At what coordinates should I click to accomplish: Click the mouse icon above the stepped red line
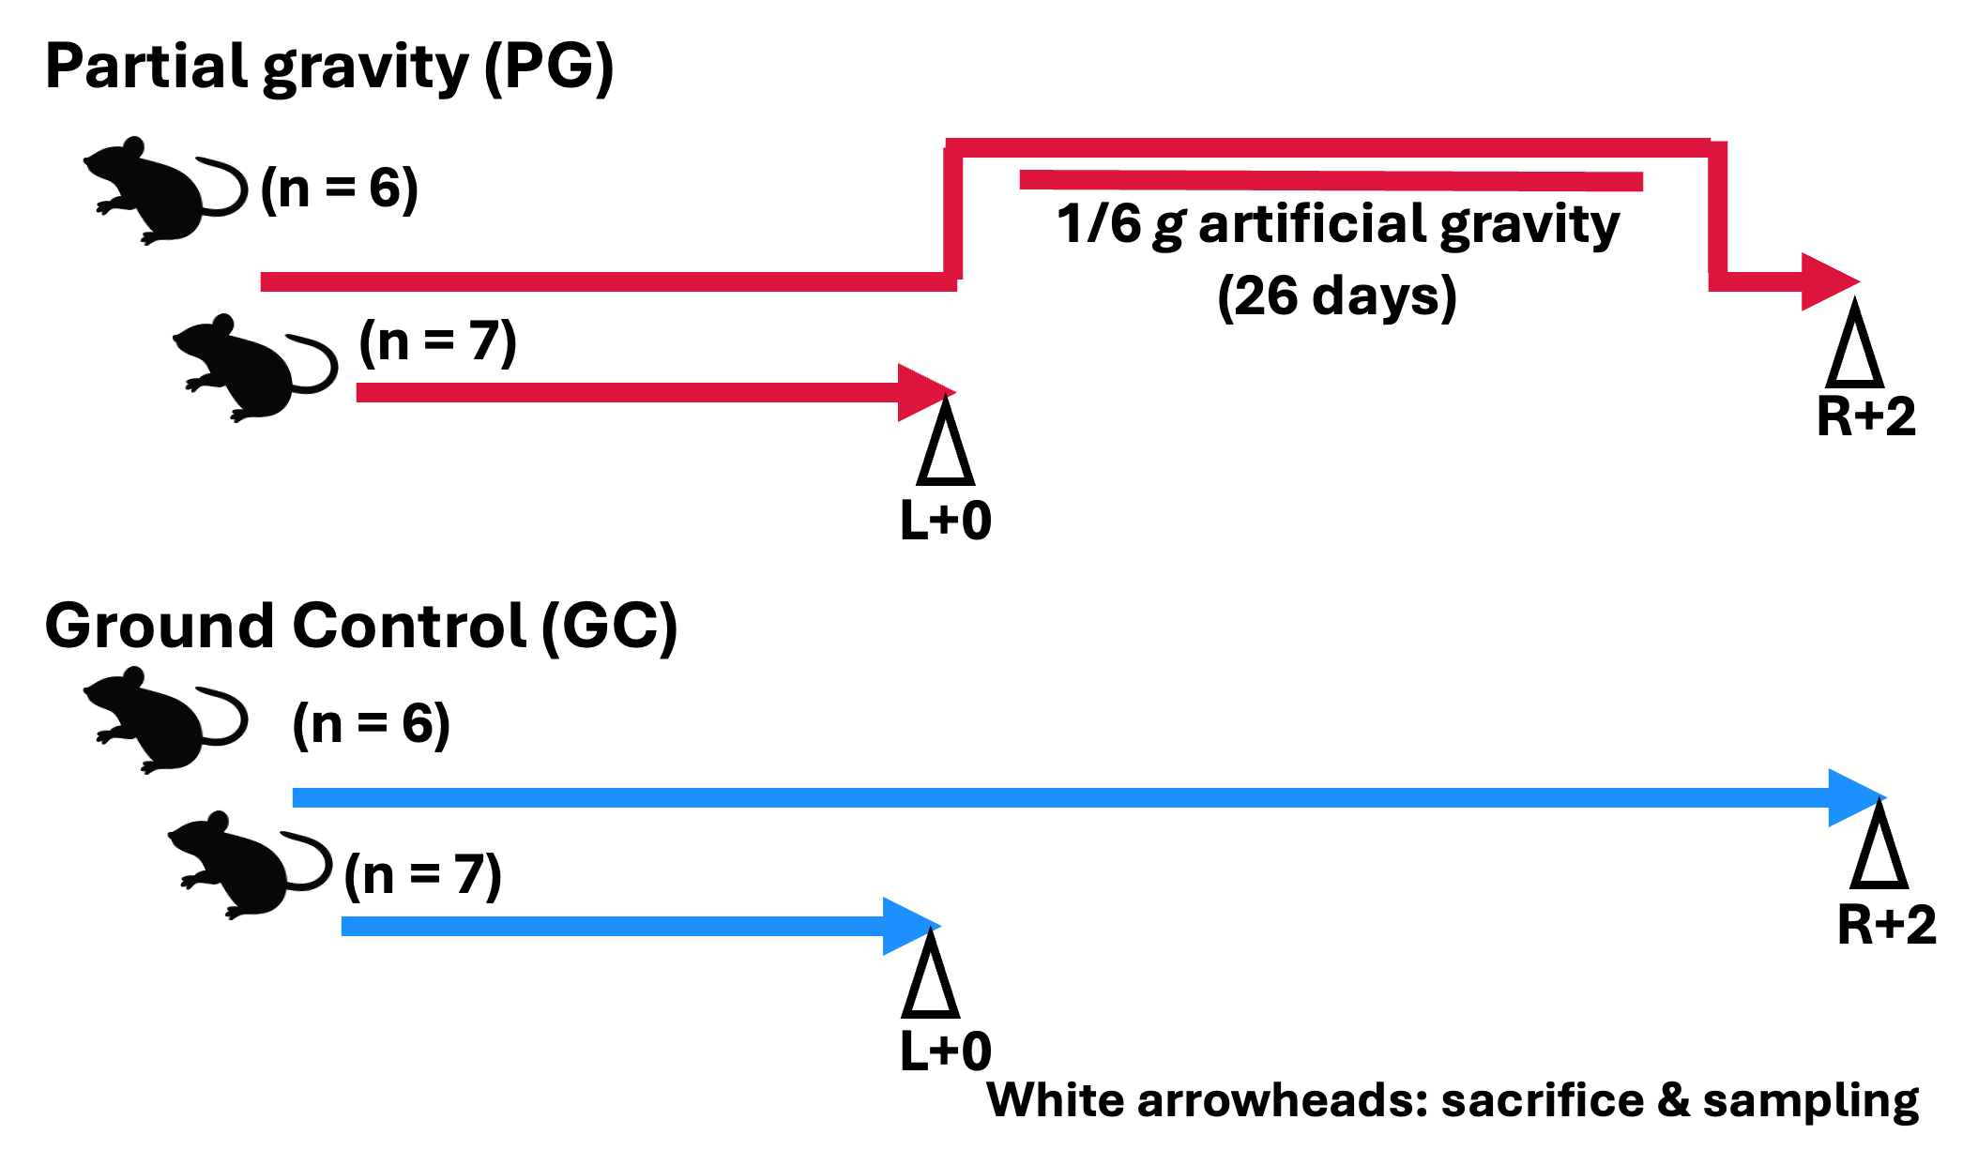click(x=165, y=190)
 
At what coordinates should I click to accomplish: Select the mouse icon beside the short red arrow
click(x=255, y=368)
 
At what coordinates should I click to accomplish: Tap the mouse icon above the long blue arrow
click(x=165, y=719)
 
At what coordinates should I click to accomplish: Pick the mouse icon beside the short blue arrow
click(x=250, y=865)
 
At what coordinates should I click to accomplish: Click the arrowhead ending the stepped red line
click(x=1828, y=281)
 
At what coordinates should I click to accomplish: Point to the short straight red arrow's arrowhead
click(x=924, y=392)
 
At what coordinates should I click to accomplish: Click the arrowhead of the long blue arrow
click(x=1854, y=797)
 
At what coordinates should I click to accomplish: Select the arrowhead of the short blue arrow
click(x=909, y=927)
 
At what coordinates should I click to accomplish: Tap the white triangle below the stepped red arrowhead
click(x=1854, y=355)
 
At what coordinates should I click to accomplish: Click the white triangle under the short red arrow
click(x=945, y=452)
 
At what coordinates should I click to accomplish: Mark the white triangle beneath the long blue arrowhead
click(x=1879, y=855)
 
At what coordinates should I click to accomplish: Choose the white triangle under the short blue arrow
click(x=930, y=985)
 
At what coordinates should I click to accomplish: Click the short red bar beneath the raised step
click(x=1331, y=181)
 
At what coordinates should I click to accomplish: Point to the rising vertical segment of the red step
click(x=953, y=214)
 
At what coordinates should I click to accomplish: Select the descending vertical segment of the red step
click(x=1717, y=214)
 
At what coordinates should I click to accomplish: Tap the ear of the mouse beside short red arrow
click(x=223, y=325)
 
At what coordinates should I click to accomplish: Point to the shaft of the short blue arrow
click(x=610, y=927)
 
